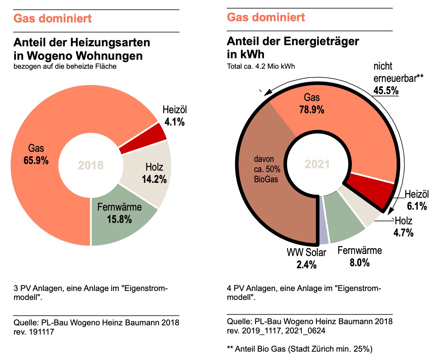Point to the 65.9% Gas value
tap(36, 160)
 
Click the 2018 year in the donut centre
tap(91, 165)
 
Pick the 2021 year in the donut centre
tap(317, 164)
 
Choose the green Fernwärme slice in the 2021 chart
tap(343, 218)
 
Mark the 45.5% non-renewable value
tap(386, 90)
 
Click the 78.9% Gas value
tap(312, 110)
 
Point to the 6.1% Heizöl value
tap(417, 206)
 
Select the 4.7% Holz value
tap(403, 233)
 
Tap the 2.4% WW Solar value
tap(306, 265)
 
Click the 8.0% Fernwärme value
tap(360, 263)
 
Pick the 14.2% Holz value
tap(154, 179)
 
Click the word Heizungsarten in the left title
tap(110, 42)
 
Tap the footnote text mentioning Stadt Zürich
tap(300, 349)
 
